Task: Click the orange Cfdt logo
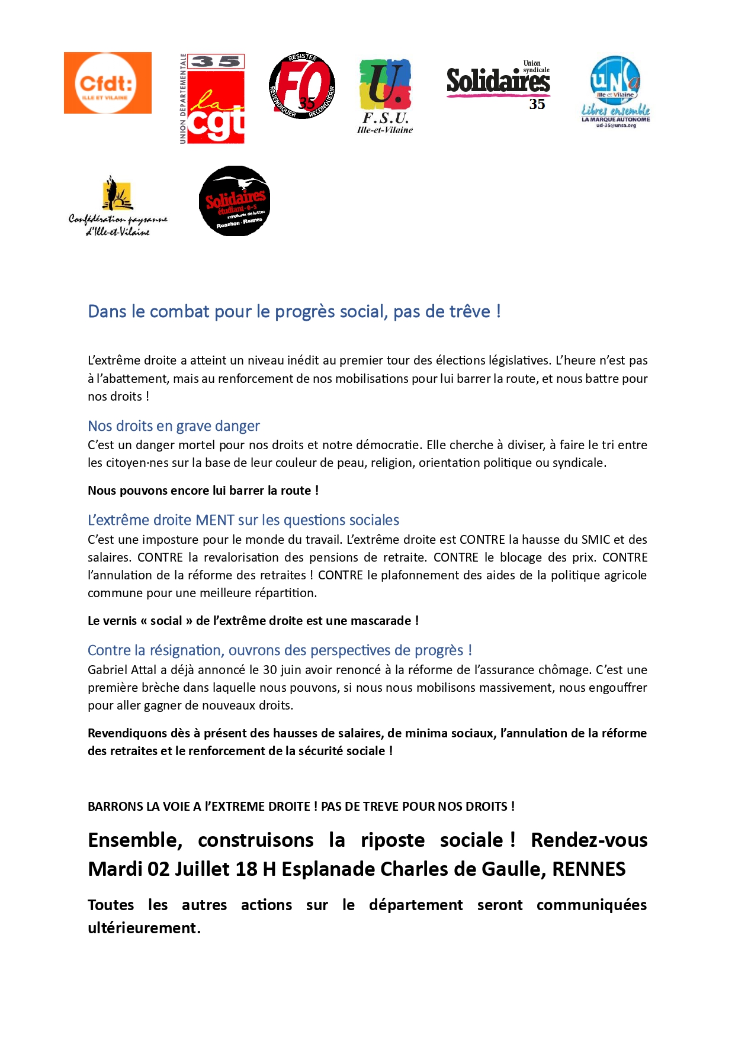click(x=108, y=83)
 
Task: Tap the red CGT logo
click(x=213, y=99)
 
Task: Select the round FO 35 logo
click(x=302, y=86)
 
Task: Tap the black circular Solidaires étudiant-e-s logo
click(x=235, y=201)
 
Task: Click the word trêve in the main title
click(x=468, y=311)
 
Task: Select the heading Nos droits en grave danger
click(x=174, y=426)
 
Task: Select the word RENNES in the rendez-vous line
click(x=589, y=869)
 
